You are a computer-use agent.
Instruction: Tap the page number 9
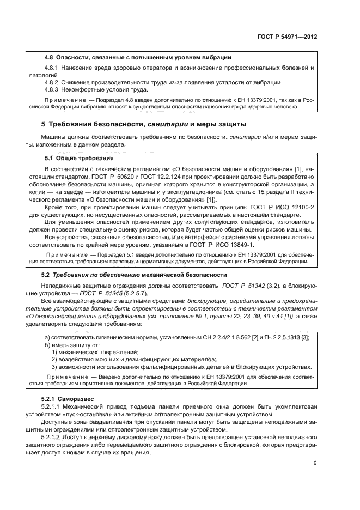315,463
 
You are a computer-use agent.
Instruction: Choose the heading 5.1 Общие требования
78,159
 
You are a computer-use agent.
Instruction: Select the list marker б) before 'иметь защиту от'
47,345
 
